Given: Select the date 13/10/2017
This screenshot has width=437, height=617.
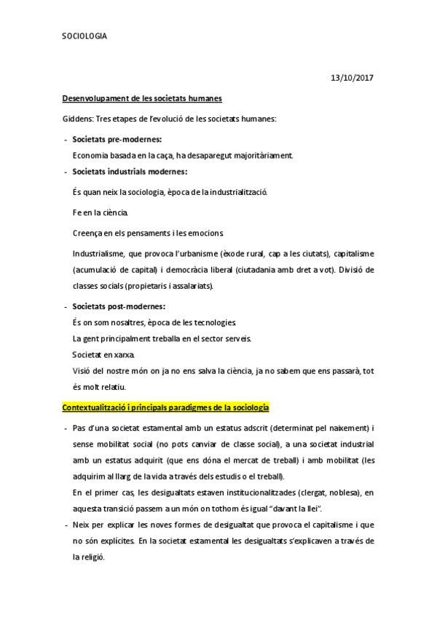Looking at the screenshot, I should click(x=353, y=77).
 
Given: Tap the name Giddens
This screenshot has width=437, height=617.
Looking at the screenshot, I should click(x=78, y=118).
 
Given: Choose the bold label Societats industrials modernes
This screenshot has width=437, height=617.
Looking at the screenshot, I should click(x=130, y=172).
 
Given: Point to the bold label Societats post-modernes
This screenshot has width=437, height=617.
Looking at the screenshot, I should click(x=119, y=306).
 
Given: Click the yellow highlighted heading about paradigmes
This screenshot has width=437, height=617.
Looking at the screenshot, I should click(x=166, y=405).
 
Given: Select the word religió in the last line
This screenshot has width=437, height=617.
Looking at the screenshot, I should click(x=92, y=557).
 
